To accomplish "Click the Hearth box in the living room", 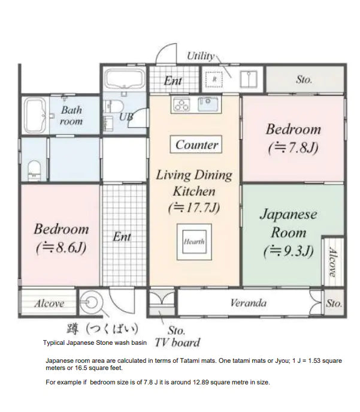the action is click(194, 242).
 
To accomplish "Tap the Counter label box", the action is click(196, 145).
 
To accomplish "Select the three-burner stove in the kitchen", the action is click(181, 104).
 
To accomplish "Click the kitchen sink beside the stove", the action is click(208, 104).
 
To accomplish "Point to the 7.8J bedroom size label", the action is click(294, 148).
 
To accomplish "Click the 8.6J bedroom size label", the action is click(61, 248).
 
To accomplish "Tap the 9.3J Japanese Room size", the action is click(289, 251).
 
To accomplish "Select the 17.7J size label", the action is click(194, 208).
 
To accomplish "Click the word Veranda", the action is click(248, 303).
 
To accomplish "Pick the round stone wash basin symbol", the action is click(89, 302).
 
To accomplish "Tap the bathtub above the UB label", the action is click(124, 79).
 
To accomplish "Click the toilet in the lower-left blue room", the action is click(34, 170).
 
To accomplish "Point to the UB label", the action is click(126, 116).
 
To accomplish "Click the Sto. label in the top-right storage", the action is click(304, 79).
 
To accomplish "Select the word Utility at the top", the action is click(201, 56).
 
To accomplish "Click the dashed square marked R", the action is click(214, 79).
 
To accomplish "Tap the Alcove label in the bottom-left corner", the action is click(49, 303).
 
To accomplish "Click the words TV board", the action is click(177, 342).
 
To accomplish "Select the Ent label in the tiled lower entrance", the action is click(122, 237).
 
